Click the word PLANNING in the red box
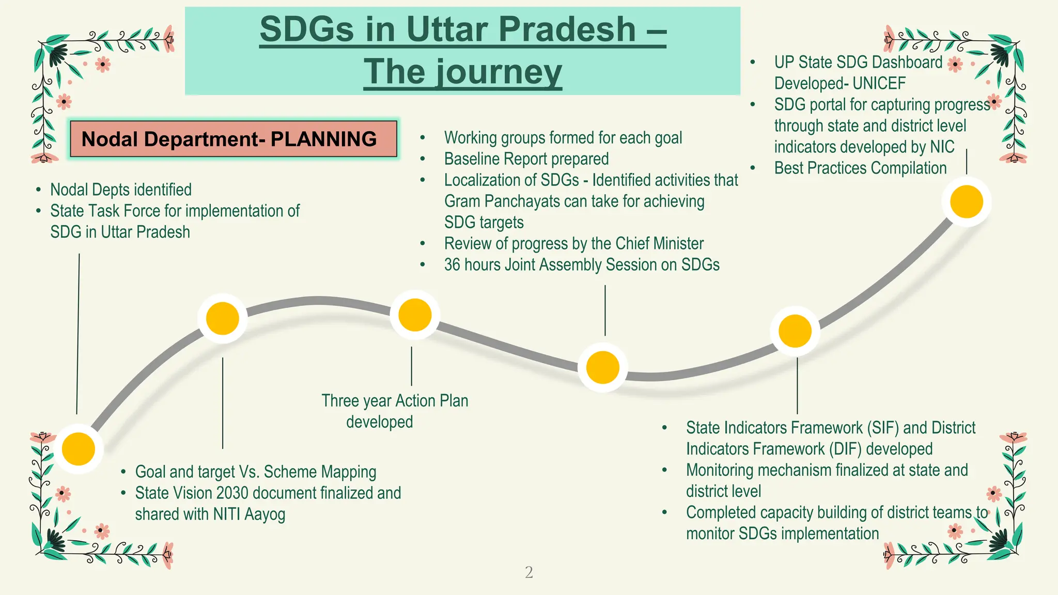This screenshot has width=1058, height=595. point(324,139)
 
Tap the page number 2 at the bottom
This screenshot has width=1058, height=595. point(528,572)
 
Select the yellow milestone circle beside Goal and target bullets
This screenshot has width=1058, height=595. point(223,319)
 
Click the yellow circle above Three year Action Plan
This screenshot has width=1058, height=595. point(415,315)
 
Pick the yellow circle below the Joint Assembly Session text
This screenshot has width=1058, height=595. point(602,367)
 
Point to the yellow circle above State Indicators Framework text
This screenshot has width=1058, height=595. point(795,331)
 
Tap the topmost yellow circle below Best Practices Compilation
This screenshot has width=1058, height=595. point(966,201)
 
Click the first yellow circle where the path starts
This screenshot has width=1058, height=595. point(79,449)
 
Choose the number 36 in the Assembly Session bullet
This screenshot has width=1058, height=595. point(452,265)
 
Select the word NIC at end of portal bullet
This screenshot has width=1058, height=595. point(942,147)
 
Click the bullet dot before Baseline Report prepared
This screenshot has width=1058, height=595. point(423,159)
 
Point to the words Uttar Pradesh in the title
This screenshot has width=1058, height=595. point(521,29)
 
